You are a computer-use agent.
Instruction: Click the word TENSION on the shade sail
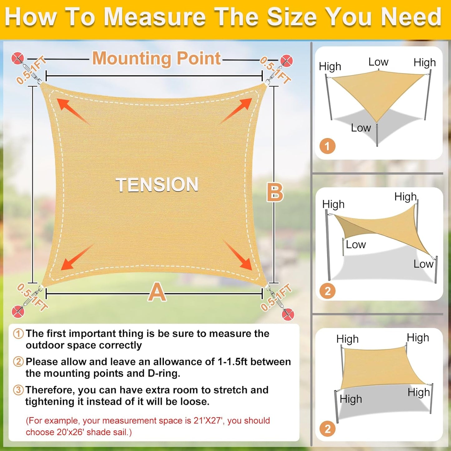coord(157,184)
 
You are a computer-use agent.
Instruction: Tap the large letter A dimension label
coord(157,292)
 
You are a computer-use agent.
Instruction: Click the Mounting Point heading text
coord(156,58)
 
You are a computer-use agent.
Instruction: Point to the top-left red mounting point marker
coord(17,58)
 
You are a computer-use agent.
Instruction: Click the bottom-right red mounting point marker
coord(288,314)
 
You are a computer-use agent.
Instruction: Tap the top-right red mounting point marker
coord(286,61)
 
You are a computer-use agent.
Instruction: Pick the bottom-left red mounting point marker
coord(18,311)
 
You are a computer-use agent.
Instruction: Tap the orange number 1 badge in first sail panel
coord(327,146)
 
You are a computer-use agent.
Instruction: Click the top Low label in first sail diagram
coord(378,62)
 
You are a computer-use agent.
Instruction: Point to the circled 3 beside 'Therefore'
coord(18,390)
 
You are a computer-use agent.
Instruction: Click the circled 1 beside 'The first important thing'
coord(18,333)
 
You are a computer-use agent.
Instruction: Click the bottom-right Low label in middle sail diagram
coord(423,264)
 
